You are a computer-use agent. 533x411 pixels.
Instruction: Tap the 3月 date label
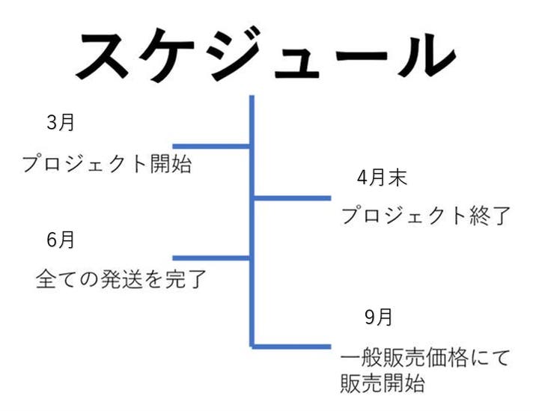click(61, 122)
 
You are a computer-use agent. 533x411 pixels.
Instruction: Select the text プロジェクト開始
click(107, 163)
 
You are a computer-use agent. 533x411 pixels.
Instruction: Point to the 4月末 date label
click(382, 177)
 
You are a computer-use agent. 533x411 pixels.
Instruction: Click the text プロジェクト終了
click(426, 215)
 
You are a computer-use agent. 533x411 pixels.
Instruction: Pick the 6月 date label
click(61, 240)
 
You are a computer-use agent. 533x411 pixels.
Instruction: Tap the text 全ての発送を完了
click(121, 278)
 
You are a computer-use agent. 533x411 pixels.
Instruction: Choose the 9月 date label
click(379, 317)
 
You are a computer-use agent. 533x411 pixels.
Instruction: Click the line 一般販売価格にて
click(425, 358)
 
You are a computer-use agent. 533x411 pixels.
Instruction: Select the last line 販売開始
click(383, 383)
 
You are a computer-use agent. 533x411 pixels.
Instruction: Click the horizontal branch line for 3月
click(211, 147)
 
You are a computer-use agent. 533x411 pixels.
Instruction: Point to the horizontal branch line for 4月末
click(293, 198)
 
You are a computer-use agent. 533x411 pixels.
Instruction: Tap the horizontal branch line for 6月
click(211, 258)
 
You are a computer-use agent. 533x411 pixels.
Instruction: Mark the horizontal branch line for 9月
click(292, 347)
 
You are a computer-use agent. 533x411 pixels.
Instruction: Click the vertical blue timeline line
click(252, 221)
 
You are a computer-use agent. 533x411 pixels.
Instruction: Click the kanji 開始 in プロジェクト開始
click(171, 163)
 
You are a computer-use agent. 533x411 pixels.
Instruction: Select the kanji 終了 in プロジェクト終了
click(490, 215)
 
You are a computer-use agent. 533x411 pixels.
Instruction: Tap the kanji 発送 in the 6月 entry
click(121, 278)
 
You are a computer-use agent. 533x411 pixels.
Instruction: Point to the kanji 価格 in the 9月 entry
click(446, 358)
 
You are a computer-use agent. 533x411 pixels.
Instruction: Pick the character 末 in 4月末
click(398, 177)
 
